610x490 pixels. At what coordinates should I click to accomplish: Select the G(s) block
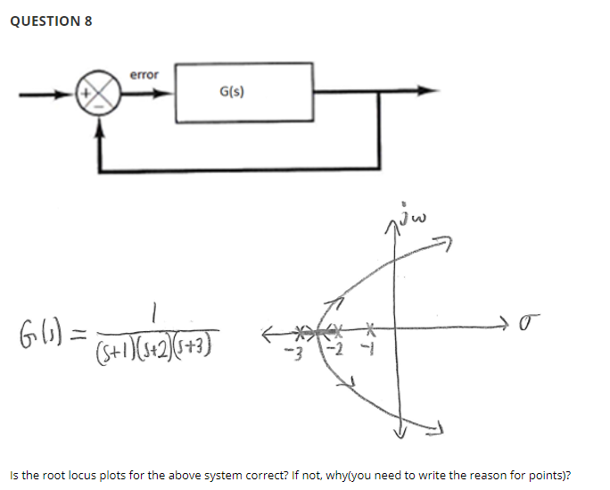[x=243, y=92]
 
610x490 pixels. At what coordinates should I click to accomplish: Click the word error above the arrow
[x=144, y=75]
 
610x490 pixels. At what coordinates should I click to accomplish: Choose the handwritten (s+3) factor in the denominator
[x=198, y=342]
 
